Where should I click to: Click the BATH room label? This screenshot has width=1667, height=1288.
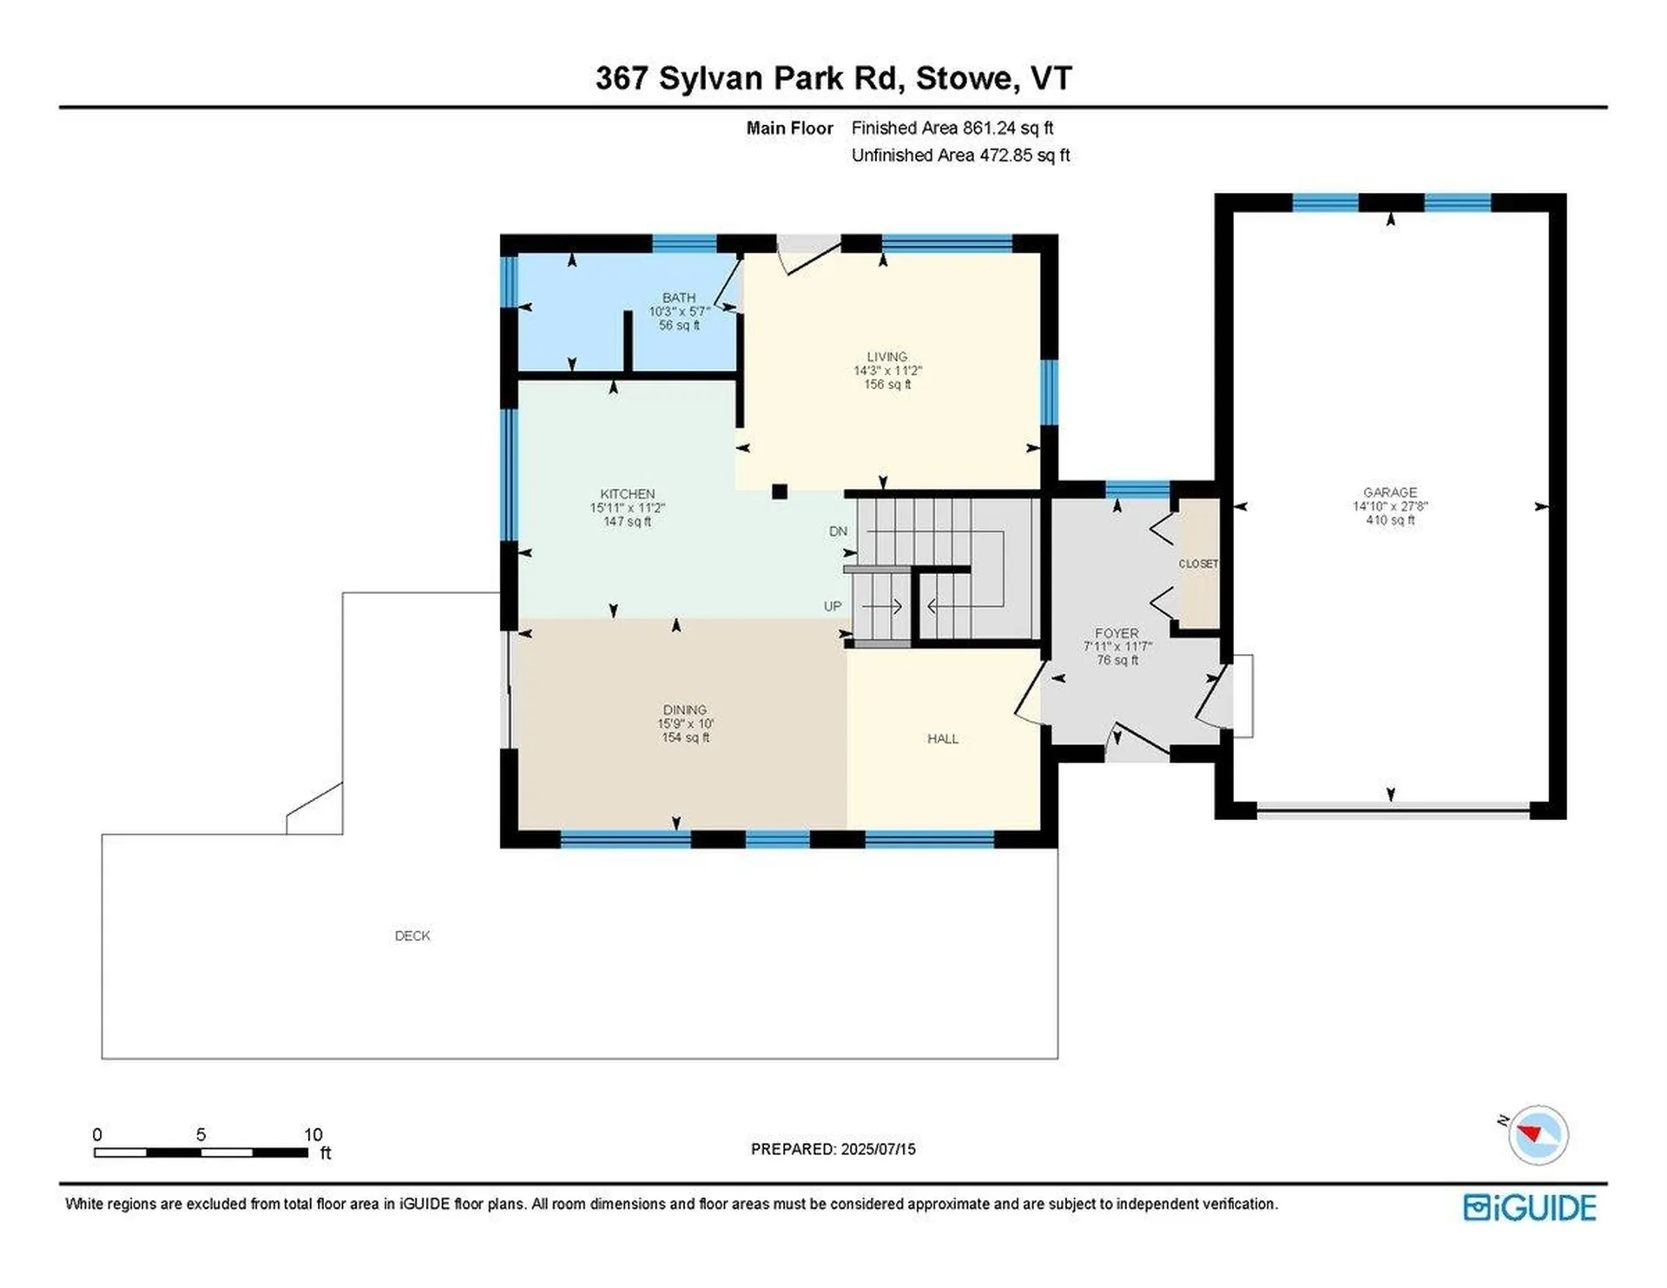click(x=678, y=298)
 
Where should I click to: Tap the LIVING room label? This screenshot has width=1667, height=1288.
click(x=886, y=357)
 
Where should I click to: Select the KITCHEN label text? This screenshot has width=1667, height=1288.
click(x=627, y=494)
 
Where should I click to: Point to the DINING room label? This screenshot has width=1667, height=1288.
click(x=684, y=710)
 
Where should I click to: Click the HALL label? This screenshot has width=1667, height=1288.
click(x=942, y=739)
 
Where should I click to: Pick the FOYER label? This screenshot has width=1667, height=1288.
click(x=1117, y=634)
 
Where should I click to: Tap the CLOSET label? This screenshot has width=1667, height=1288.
click(x=1198, y=565)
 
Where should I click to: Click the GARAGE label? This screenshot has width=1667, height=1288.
click(x=1389, y=492)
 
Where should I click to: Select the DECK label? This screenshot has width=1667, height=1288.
click(x=412, y=936)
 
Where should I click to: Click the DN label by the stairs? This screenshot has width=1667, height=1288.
click(x=838, y=532)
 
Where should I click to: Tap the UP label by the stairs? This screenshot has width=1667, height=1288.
click(x=833, y=606)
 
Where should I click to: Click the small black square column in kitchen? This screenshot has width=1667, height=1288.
click(x=780, y=492)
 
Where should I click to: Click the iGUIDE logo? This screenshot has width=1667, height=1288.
click(x=1529, y=1208)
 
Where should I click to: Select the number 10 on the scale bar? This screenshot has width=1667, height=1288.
click(x=313, y=1135)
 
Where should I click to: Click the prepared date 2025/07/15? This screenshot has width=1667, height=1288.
click(x=878, y=1149)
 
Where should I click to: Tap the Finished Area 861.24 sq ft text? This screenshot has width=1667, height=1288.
click(x=952, y=129)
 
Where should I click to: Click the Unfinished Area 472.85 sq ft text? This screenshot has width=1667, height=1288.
click(x=959, y=155)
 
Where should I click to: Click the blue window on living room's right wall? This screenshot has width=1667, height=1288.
click(x=1049, y=392)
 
